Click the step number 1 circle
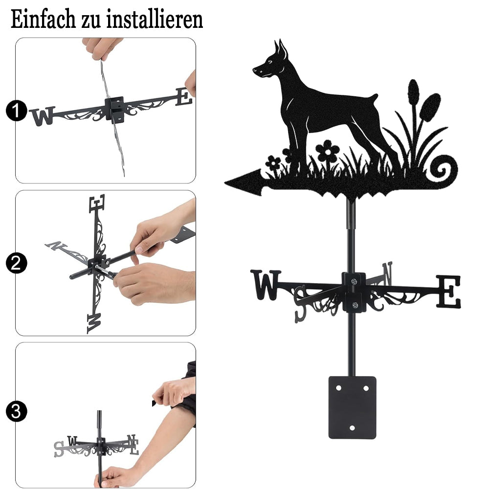pos(16,111)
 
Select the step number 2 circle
pos(16,263)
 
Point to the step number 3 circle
pos(16,411)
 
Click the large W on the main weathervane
pos(266,285)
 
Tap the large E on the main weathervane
pos(448,291)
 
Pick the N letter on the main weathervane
pos(387,273)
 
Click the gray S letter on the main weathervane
pos(301,304)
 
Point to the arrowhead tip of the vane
pos(225,182)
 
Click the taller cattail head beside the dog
pos(413,92)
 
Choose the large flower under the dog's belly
pos(327,151)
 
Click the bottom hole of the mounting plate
pos(352,428)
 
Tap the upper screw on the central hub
pos(354,282)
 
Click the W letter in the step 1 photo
pos(43,116)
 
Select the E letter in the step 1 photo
pos(184,97)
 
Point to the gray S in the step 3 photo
pos(59,449)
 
